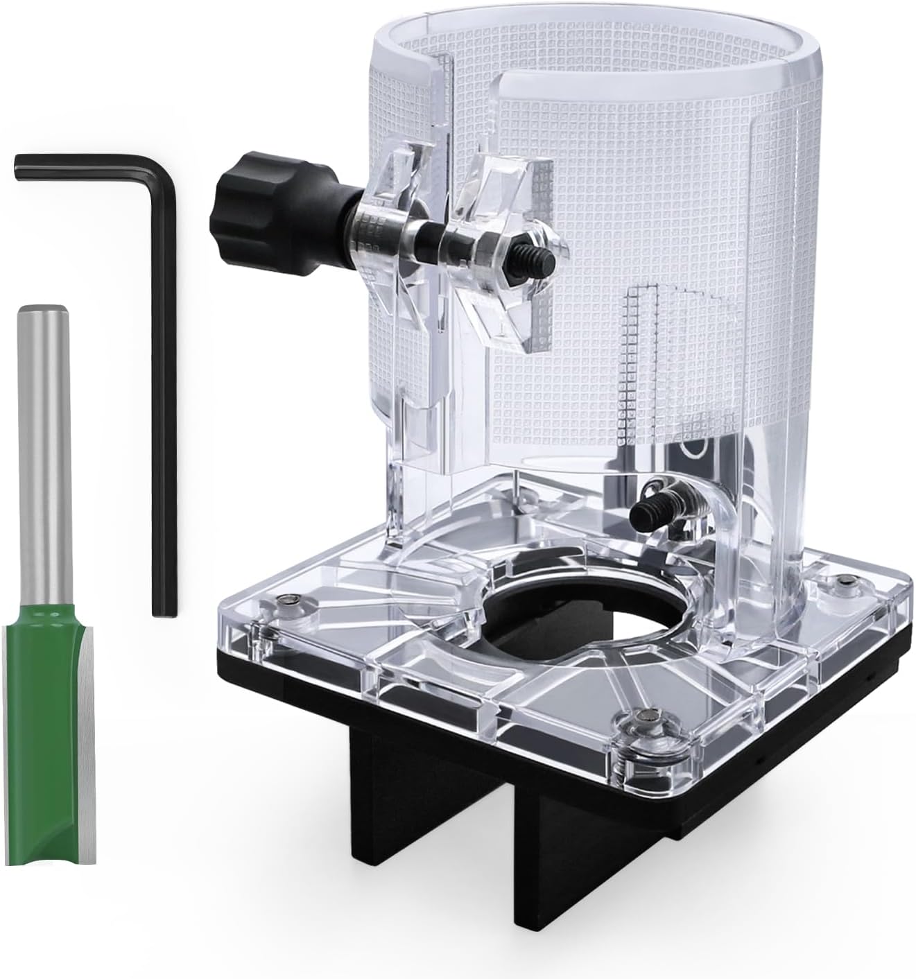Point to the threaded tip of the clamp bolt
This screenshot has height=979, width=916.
click(x=543, y=261)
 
